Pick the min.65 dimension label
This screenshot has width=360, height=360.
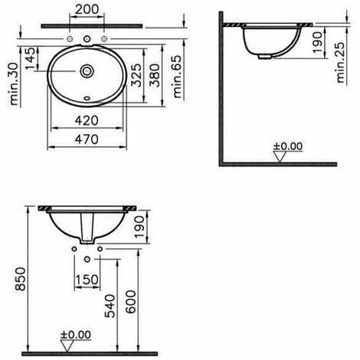(178, 78)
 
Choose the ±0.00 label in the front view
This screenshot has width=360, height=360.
(76, 335)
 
